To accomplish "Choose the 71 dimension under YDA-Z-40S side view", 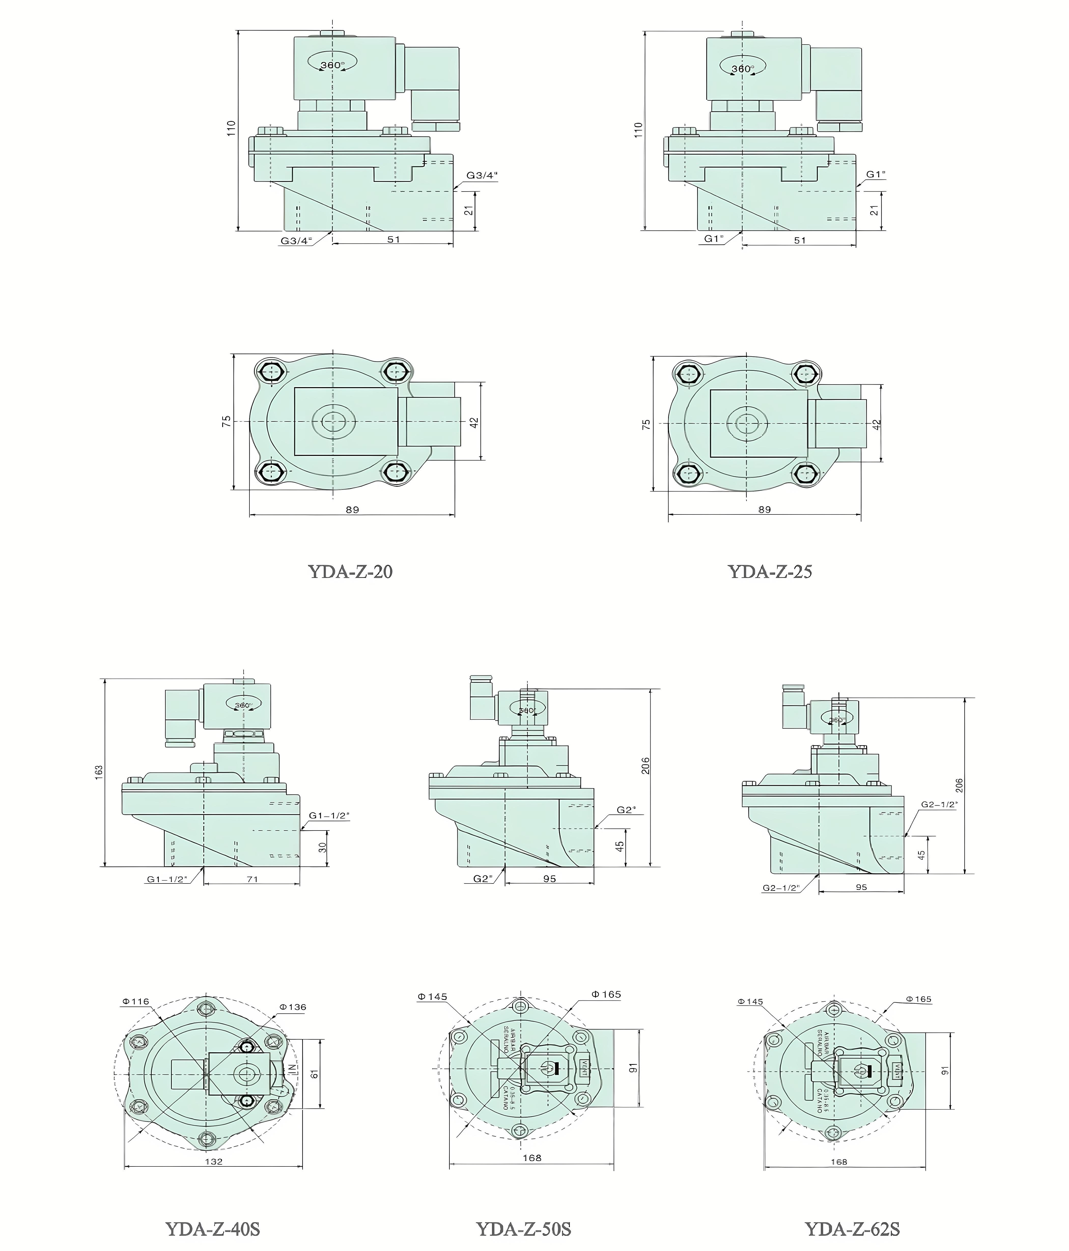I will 252,879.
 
